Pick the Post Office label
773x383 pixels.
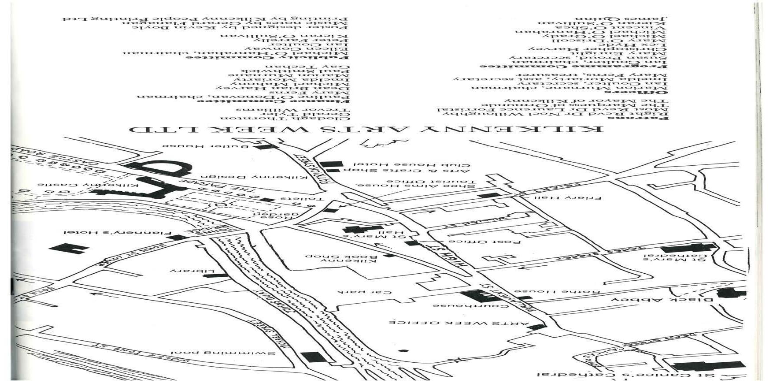click(485, 242)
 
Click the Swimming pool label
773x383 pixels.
click(223, 353)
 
